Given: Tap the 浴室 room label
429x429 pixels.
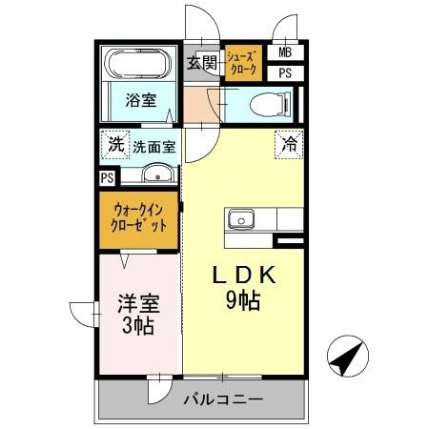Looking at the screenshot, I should [x=143, y=100].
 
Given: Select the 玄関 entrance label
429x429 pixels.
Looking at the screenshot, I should [x=201, y=64].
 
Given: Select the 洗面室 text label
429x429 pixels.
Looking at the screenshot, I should [x=153, y=148].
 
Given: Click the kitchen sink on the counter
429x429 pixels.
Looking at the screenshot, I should [x=240, y=218].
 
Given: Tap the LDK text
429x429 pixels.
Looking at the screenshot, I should [x=244, y=276].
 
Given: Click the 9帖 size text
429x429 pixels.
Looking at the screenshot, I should [x=244, y=301].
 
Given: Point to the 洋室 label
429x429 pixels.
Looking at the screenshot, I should [x=138, y=304].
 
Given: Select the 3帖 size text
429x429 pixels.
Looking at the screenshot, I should [x=138, y=325].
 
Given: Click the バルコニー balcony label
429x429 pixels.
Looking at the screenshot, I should [x=222, y=399].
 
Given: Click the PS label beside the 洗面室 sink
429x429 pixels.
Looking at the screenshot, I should [x=107, y=177].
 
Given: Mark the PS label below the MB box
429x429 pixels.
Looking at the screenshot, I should [x=286, y=72].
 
